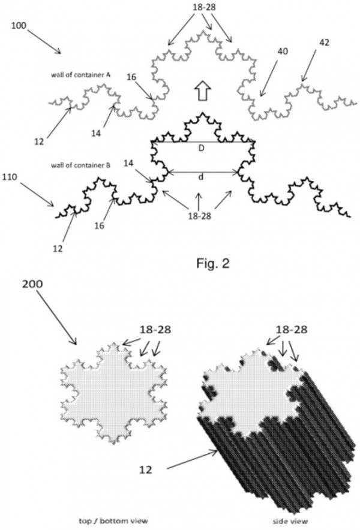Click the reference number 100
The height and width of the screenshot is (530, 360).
[x=19, y=26]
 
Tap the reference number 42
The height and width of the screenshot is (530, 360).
[x=324, y=43]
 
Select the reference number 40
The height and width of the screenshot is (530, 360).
[x=283, y=52]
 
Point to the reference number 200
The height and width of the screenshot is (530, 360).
[x=32, y=284]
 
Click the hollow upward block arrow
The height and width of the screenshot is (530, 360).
[x=203, y=91]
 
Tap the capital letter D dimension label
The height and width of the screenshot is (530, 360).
[x=201, y=148]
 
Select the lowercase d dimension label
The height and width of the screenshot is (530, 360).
[x=201, y=177]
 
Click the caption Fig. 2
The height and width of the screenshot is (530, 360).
[x=213, y=263]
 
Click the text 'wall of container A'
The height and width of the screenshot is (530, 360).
[x=80, y=75]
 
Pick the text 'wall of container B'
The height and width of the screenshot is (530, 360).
[x=80, y=165]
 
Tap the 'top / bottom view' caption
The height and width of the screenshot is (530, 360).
[x=113, y=521]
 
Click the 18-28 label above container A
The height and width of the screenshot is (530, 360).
[x=205, y=7]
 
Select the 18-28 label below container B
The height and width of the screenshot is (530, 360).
[x=200, y=215]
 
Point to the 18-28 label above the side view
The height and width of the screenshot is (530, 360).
[x=292, y=330]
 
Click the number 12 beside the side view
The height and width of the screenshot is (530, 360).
[x=145, y=469]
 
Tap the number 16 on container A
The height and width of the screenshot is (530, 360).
[x=131, y=77]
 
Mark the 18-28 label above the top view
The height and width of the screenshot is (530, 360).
[x=155, y=330]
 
